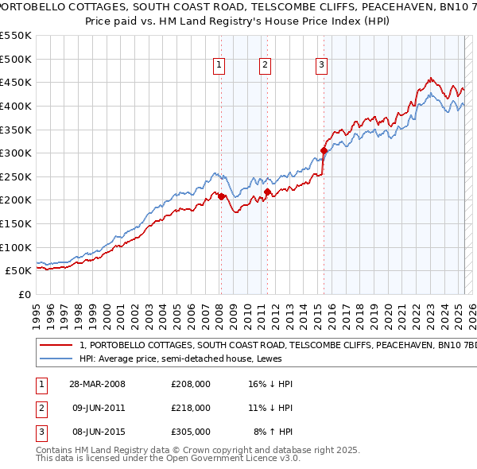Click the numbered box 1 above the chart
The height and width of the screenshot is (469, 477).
(x=218, y=66)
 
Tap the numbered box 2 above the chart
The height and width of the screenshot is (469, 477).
(x=265, y=66)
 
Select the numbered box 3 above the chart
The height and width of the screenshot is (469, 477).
(x=321, y=66)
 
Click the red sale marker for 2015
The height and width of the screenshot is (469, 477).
(x=324, y=150)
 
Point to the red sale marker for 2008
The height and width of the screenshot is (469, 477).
(x=222, y=196)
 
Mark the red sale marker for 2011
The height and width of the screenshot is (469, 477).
(x=267, y=192)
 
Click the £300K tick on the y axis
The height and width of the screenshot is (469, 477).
(x=16, y=153)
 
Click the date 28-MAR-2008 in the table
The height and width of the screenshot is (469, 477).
(x=97, y=384)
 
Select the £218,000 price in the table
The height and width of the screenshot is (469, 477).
(x=191, y=408)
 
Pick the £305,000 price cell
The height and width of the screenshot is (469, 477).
(x=191, y=432)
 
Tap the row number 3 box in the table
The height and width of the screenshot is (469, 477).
(x=40, y=432)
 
